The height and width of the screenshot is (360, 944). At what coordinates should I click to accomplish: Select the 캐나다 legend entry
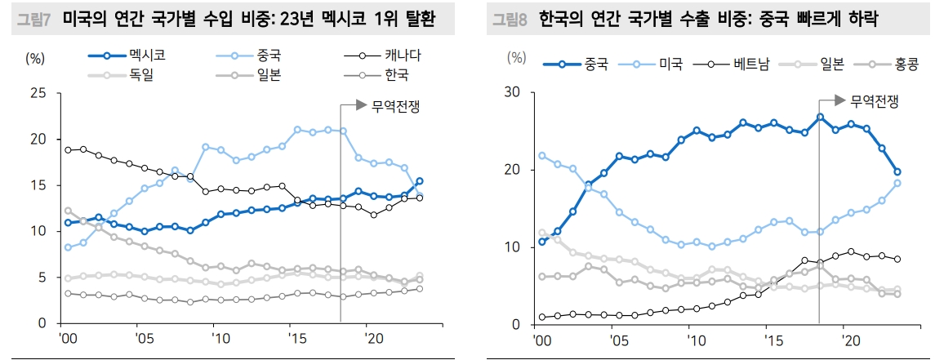pyautogui.click(x=402, y=56)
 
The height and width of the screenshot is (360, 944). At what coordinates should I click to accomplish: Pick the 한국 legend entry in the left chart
pyautogui.click(x=395, y=76)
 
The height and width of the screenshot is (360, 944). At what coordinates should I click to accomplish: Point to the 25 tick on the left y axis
pyautogui.click(x=38, y=93)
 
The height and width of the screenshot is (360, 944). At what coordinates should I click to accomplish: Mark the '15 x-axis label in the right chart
pyautogui.click(x=768, y=339)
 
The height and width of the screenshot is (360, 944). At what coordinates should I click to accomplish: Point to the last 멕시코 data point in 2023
pyautogui.click(x=420, y=181)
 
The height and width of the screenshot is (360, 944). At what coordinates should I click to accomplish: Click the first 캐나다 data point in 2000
pyautogui.click(x=68, y=149)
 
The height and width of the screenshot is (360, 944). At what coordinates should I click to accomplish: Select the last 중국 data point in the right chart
pyautogui.click(x=897, y=171)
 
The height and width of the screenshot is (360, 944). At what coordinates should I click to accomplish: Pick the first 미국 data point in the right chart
pyautogui.click(x=542, y=155)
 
